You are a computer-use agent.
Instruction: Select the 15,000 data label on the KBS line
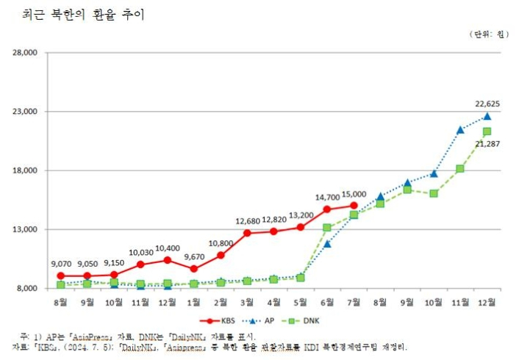[354, 193]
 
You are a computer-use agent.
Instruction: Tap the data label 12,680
[247, 221]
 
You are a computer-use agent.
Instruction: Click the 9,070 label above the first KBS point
[60, 264]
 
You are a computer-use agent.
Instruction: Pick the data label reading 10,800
[221, 243]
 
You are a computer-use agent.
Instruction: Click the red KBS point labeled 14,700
[327, 209]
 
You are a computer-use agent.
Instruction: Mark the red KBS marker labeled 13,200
[300, 227]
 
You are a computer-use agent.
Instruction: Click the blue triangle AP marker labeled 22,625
[487, 116]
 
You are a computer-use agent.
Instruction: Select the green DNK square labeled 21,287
[487, 132]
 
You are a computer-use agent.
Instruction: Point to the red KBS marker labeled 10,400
[167, 259]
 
